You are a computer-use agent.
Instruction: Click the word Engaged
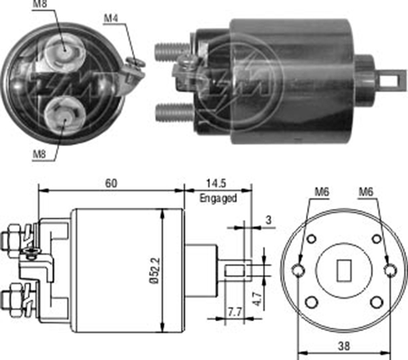point(218,198)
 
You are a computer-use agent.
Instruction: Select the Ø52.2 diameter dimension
point(156,268)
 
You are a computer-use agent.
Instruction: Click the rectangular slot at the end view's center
point(344,270)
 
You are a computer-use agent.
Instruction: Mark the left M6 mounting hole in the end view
point(299,270)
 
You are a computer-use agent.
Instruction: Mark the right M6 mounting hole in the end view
point(389,270)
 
